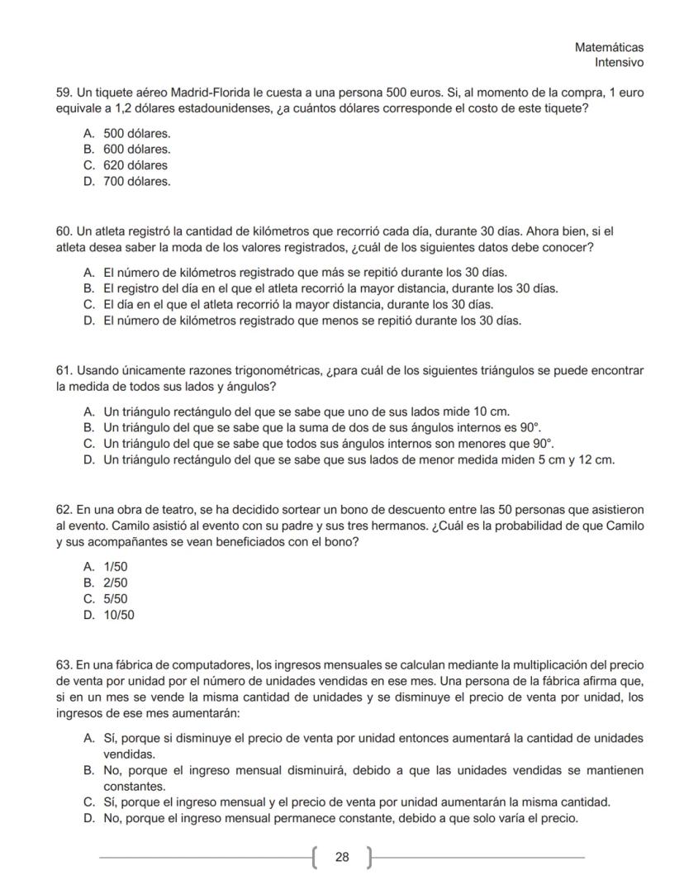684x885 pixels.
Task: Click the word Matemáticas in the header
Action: click(609, 48)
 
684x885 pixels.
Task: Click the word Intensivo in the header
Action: click(619, 63)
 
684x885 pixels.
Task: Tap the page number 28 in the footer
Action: click(342, 857)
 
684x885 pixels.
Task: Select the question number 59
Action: click(64, 93)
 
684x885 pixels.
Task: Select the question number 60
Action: click(64, 231)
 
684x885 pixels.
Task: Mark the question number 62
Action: click(64, 510)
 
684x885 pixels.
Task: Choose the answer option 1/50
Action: click(116, 567)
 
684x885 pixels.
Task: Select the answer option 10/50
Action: click(119, 615)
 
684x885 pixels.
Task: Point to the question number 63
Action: click(64, 664)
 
